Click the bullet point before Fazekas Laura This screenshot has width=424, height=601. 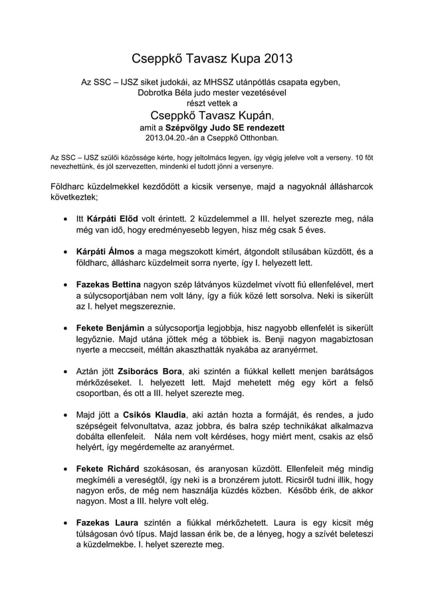[x=64, y=523]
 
